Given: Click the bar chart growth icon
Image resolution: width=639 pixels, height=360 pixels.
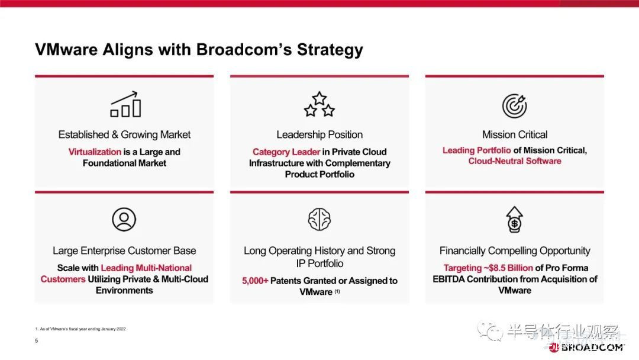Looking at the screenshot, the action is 125,104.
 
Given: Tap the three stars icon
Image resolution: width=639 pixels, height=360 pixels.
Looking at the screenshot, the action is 319,104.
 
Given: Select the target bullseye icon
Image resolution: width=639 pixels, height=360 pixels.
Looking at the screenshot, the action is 514,105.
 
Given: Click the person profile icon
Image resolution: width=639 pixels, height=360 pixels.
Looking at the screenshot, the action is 124,219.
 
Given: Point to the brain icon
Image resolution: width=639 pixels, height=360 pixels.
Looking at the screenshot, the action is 319,219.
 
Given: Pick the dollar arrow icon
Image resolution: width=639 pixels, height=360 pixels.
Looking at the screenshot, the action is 514,219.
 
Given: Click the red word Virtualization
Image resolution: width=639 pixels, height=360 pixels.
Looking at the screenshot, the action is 95,152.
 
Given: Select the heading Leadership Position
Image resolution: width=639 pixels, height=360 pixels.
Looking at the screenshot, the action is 319,134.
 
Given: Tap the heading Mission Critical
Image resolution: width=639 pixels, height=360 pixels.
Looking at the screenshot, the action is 515,134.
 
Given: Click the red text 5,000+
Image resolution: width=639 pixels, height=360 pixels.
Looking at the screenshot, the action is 255,281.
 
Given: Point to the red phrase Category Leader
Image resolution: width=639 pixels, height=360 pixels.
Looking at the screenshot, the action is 286,152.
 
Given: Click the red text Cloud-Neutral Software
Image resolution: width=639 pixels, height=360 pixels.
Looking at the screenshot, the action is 515,161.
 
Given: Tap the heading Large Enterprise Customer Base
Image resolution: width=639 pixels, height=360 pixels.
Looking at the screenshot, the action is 124,250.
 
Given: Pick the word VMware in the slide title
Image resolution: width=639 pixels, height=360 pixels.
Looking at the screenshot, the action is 66,49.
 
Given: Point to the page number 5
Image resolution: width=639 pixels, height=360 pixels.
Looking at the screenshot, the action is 36,340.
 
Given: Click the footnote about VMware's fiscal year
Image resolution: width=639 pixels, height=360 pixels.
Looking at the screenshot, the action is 80,329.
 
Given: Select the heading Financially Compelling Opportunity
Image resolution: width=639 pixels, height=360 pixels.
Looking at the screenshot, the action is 515,250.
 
